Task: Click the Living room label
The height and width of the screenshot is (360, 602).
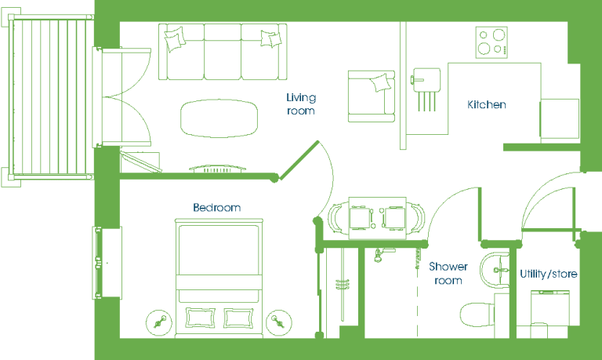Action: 301,104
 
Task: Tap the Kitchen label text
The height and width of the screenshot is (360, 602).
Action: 487,104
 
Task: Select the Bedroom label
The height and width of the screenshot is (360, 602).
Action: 217,208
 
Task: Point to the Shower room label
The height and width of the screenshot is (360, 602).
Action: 448,273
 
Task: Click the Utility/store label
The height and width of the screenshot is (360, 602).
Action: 548,274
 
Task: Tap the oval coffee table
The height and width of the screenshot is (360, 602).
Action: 219,118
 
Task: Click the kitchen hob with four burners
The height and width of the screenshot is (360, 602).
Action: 491,42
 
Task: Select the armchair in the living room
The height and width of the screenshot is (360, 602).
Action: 372,96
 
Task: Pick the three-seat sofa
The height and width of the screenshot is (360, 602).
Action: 223,52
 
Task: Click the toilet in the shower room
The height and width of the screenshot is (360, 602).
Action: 477,315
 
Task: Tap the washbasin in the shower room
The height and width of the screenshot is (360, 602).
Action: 495,270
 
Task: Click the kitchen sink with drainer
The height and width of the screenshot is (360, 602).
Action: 426,89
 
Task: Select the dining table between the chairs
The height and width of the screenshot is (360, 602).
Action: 377,218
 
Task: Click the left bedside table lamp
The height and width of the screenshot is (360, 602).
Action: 159,322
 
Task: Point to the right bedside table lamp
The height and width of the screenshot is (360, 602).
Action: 279,322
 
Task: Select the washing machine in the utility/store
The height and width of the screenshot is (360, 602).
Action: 549,307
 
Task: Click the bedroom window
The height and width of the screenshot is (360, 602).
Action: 107,263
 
